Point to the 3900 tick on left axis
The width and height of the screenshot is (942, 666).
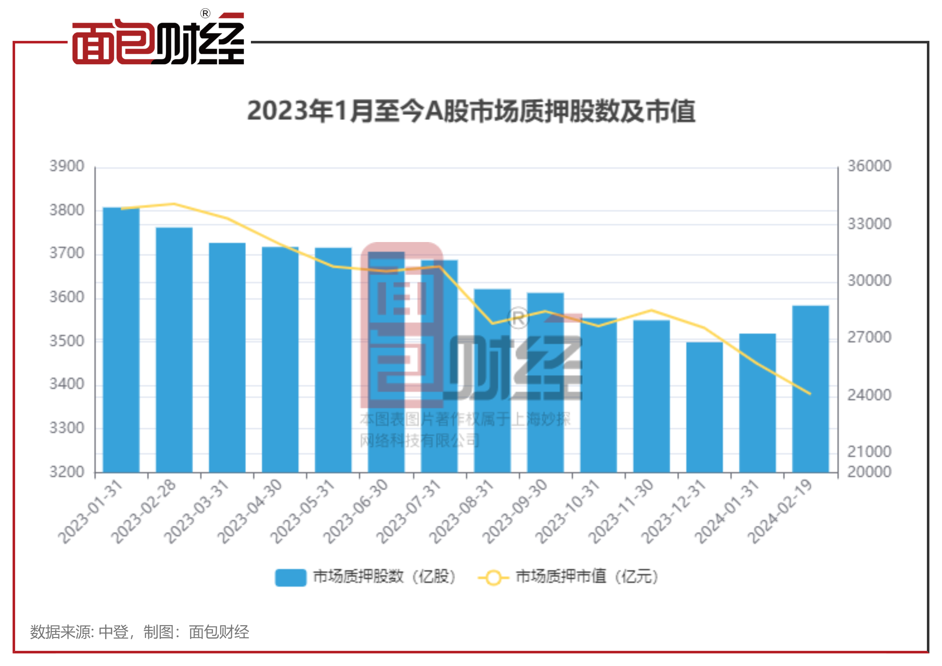66,166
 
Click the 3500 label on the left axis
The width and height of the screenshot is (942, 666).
66,341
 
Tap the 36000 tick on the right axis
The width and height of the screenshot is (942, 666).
869,166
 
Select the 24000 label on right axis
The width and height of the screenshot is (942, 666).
869,395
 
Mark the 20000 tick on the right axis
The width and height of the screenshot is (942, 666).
869,472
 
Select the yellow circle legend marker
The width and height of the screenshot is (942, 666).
493,578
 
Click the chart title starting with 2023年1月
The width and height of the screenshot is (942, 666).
471,111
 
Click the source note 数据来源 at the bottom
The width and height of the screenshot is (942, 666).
139,632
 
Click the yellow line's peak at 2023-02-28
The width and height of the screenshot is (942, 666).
174,204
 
